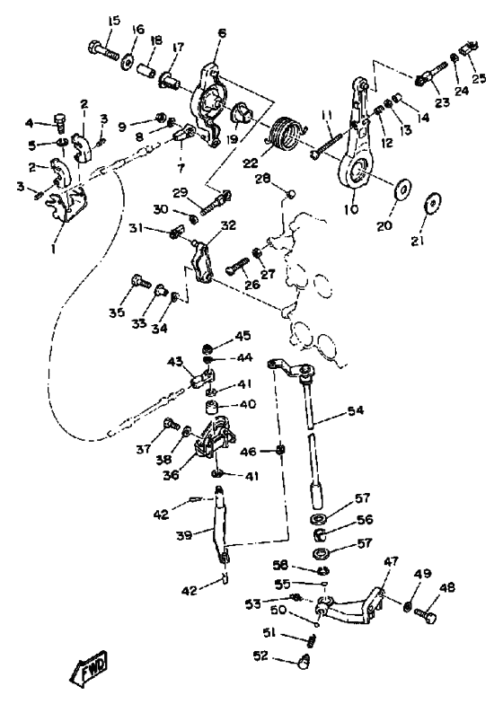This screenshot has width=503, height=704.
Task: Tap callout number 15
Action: pos(114,21)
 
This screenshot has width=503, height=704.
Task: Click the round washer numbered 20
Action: pos(402,189)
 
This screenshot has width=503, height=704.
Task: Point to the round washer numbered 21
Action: pos(433,203)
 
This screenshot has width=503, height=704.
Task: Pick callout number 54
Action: pos(356,411)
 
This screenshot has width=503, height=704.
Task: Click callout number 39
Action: pos(184,535)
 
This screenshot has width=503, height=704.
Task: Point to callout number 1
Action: pos(53,248)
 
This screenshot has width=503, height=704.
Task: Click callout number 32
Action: pos(228,224)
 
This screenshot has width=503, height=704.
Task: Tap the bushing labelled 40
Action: pos(212,409)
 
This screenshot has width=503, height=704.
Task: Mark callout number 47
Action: pos(391,561)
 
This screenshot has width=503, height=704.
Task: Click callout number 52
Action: pos(260,656)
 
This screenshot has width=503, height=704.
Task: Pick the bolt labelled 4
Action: pos(60,121)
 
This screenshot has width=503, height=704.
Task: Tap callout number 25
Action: pos(480,78)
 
